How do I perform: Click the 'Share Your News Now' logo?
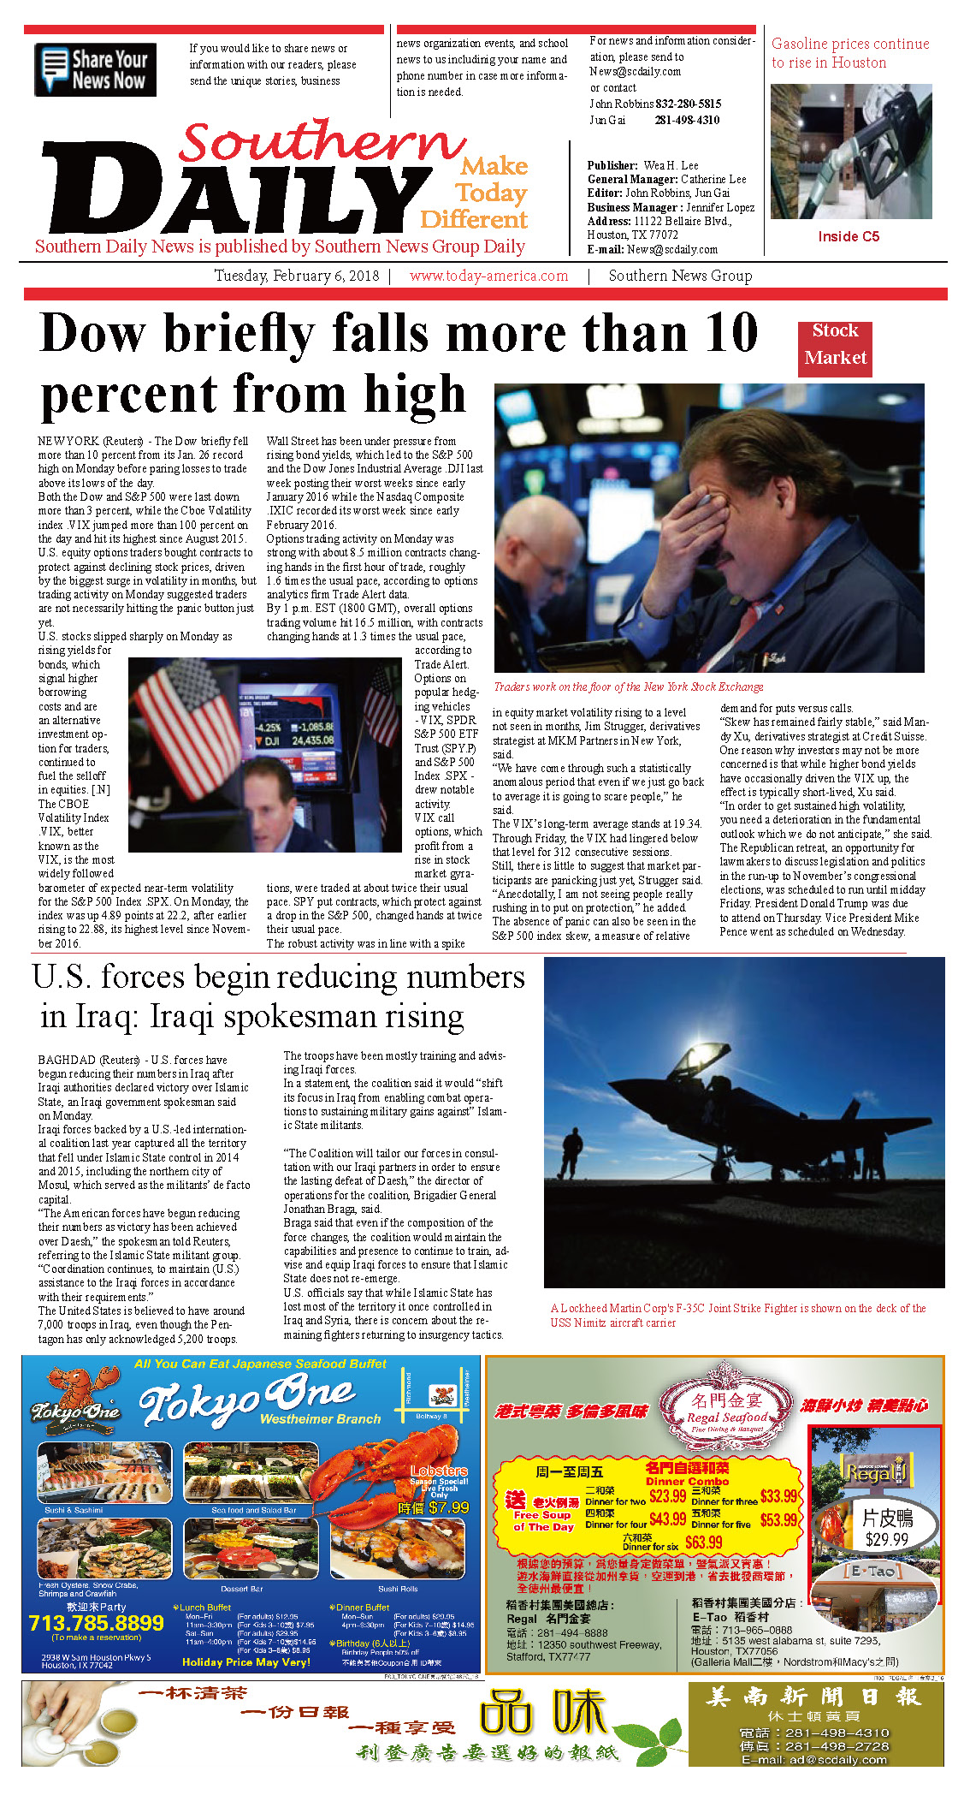coord(95,69)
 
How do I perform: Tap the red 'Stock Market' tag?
coord(835,345)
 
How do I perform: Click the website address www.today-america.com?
coord(488,276)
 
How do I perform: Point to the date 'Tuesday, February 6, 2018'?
coord(296,276)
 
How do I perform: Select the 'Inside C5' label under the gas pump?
coord(848,236)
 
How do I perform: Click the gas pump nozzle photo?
coord(850,152)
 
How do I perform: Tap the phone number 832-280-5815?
coord(688,104)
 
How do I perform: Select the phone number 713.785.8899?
coord(96,1623)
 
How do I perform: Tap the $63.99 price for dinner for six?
coord(703,1542)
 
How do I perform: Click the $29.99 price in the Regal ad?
coord(886,1539)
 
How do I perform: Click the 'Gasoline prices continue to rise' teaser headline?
coord(849,53)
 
